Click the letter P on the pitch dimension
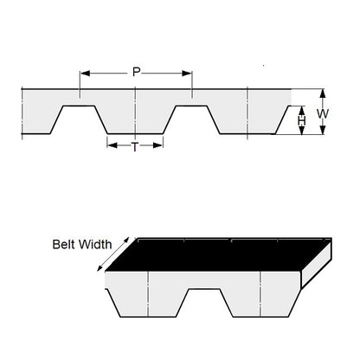[136, 73]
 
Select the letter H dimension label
[301, 121]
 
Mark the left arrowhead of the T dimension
[110, 145]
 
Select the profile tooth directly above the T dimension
[135, 117]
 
